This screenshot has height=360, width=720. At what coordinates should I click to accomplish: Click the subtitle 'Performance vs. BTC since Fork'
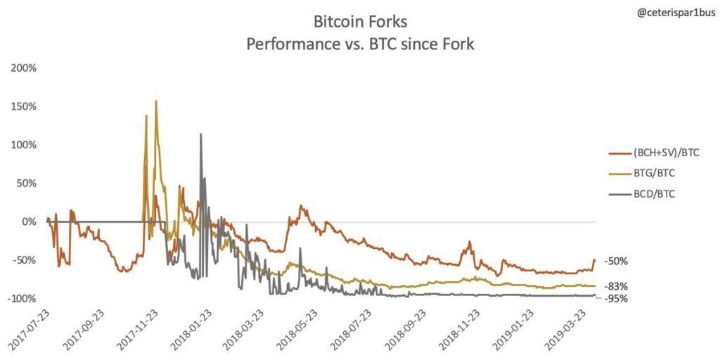click(x=360, y=45)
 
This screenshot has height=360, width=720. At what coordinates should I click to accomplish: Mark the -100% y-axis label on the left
click(x=22, y=298)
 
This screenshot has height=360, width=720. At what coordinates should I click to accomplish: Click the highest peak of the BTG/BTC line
click(x=155, y=101)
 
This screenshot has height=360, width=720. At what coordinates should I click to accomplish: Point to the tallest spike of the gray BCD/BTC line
click(x=200, y=134)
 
